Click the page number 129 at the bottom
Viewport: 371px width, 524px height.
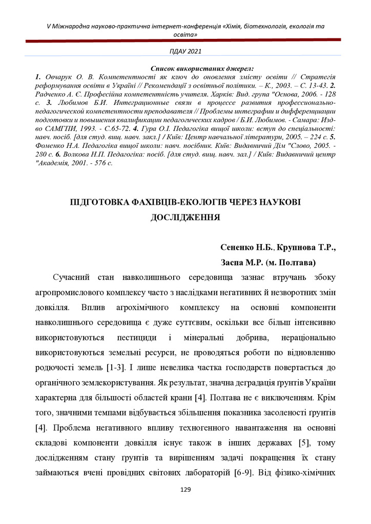186,490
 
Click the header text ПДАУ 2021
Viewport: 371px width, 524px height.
186,51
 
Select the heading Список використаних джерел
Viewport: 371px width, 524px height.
202,68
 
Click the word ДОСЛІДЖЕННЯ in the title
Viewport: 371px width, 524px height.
186,216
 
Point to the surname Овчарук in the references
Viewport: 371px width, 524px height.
62,75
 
